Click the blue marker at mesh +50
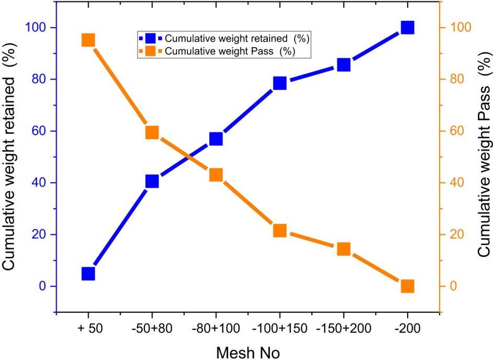click(88, 274)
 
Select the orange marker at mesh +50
click(88, 40)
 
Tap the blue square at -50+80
click(152, 182)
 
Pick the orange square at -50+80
click(152, 132)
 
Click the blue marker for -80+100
click(216, 139)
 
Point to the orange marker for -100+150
click(280, 230)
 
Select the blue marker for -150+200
click(344, 65)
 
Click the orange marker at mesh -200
click(408, 286)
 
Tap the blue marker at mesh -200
click(408, 28)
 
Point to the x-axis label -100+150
click(280, 329)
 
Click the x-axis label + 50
click(90, 329)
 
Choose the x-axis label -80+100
click(216, 329)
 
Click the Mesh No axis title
click(248, 353)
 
